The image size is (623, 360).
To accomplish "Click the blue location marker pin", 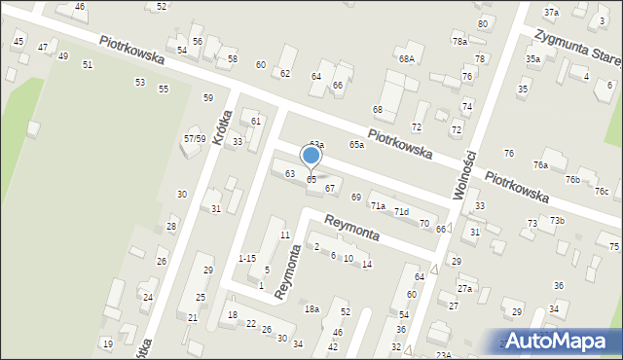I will (311, 156).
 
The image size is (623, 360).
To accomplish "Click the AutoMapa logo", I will (557, 342).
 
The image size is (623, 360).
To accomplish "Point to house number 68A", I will (406, 59).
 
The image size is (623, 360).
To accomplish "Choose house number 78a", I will (459, 42).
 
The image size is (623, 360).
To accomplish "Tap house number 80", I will (482, 23).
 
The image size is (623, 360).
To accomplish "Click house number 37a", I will (551, 13).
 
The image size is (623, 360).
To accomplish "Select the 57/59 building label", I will (195, 139).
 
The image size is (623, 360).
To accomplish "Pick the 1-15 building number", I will (247, 258).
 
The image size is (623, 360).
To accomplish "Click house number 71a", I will (378, 206).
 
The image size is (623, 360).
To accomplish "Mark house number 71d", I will (400, 212).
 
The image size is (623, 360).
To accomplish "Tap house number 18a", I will (311, 308).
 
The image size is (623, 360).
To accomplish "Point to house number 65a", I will (357, 145).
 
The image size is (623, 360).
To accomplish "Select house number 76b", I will (572, 179).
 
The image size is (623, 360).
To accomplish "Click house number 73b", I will (556, 221).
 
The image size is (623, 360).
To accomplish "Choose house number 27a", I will (465, 289).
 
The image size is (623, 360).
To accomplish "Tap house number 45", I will (18, 41).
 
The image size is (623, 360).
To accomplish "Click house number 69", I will (356, 198).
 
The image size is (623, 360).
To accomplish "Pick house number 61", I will (256, 121).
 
